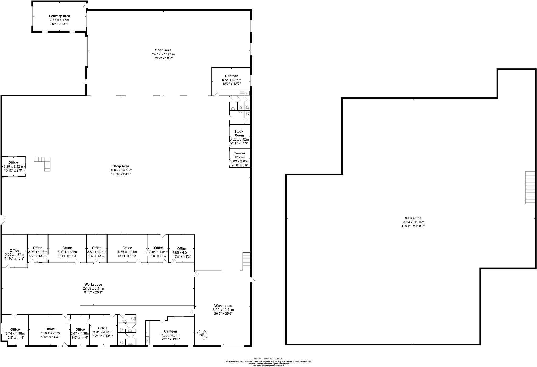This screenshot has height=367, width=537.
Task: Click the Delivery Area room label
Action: (59, 16)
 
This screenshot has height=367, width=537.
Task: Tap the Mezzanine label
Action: (413, 218)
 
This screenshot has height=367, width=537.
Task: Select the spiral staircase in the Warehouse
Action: (202, 335)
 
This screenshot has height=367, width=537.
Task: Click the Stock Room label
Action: (239, 133)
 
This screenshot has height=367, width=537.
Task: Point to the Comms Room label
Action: (239, 155)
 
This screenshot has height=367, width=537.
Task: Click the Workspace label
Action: (93, 285)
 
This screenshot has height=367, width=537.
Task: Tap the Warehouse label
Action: (223, 306)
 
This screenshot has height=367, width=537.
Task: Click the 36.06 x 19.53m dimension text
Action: (121, 170)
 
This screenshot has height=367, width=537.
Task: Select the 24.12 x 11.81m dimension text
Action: (163, 54)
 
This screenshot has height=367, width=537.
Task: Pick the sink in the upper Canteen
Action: (246, 93)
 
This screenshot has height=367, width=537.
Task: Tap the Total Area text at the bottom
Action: (268, 359)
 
